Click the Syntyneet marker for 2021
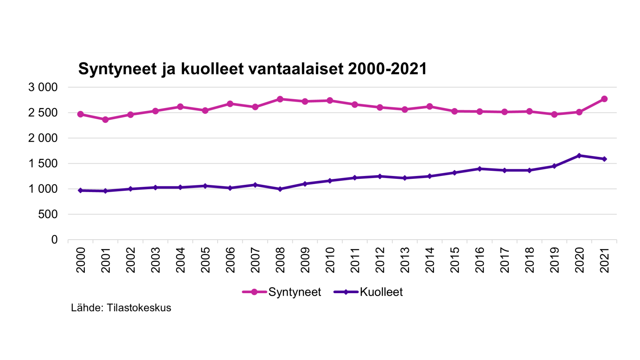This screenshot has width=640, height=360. (x=604, y=99)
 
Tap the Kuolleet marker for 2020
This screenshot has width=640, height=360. (x=579, y=156)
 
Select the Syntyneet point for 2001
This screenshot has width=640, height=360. (x=106, y=120)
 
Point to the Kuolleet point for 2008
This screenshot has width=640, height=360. (x=280, y=189)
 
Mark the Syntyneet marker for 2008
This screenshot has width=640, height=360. (x=280, y=99)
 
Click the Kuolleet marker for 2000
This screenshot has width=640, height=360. (x=80, y=190)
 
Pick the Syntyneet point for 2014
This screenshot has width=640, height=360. (x=430, y=106)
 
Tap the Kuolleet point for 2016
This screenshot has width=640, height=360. (x=480, y=169)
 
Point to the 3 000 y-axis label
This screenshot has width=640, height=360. (x=43, y=87)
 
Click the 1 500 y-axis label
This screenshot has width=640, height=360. (x=43, y=164)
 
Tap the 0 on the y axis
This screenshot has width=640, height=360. (x=54, y=240)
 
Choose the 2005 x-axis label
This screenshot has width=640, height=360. (x=205, y=260)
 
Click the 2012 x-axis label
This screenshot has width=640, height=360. (x=380, y=260)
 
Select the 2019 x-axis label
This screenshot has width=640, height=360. (x=554, y=260)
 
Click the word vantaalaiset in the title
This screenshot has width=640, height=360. (x=296, y=69)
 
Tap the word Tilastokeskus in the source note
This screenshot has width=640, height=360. (x=139, y=308)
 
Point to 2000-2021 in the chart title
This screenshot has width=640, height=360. (x=387, y=69)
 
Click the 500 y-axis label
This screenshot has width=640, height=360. (x=48, y=214)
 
